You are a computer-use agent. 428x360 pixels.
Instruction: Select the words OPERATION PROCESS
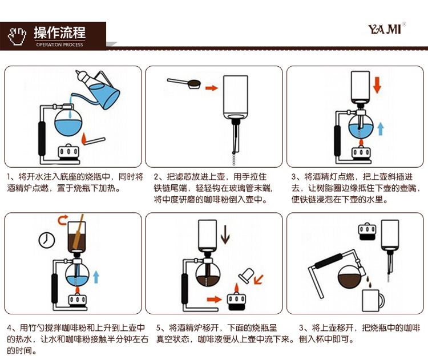59,45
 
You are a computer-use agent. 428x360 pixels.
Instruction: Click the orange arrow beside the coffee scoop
212,88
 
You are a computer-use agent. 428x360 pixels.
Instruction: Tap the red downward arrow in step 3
377,86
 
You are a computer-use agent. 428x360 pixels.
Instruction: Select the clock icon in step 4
46,240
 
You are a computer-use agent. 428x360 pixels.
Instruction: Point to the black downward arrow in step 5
225,234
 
